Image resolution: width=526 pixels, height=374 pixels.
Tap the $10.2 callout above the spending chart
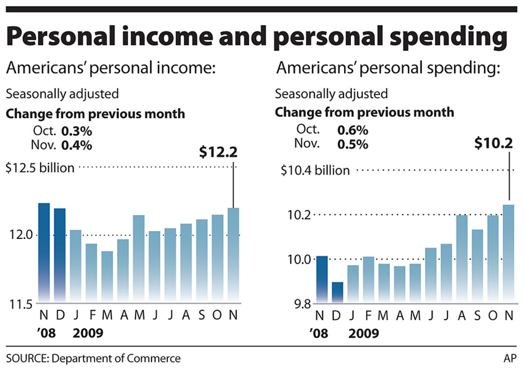[494, 143]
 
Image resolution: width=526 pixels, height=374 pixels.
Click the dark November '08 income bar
[44, 252]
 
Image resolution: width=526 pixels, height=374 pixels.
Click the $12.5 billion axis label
[40, 167]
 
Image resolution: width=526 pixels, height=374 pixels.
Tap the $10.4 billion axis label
[315, 170]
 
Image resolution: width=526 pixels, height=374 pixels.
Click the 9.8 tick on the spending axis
[295, 305]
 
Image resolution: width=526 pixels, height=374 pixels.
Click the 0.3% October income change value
[77, 130]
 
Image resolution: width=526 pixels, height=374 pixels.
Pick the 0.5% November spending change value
[353, 144]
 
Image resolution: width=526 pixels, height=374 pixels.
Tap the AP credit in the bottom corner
[510, 359]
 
